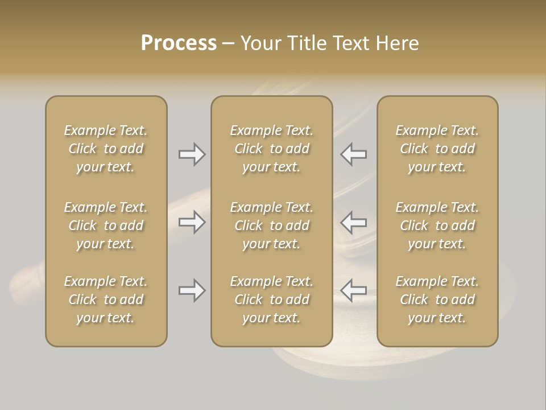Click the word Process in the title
(179, 43)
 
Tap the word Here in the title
(398, 43)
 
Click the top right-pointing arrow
(192, 154)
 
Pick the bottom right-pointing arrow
(192, 291)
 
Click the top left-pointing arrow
(354, 154)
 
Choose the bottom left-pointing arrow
(354, 291)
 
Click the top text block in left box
(106, 149)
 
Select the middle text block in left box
(106, 225)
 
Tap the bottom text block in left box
(106, 300)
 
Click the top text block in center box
(272, 149)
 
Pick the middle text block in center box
(272, 225)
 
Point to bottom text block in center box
(272, 300)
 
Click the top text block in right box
(437, 149)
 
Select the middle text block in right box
(437, 225)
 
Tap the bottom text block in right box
(437, 300)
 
